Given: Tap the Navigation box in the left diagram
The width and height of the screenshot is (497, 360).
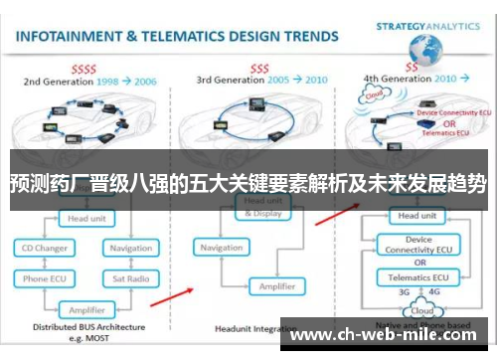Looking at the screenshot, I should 131,248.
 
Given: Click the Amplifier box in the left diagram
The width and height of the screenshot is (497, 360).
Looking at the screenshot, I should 87,308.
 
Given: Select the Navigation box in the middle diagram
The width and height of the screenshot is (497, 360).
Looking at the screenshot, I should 221,247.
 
